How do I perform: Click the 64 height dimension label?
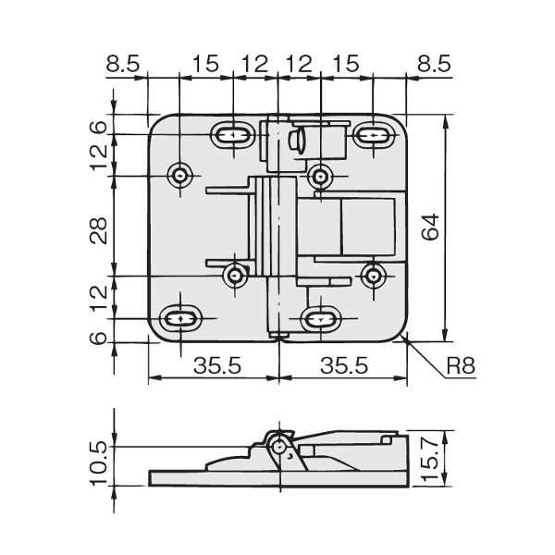[431, 228]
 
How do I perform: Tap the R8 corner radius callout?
[461, 365]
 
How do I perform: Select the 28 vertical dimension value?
[98, 230]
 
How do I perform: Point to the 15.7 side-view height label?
[430, 458]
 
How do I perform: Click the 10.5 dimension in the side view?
[98, 463]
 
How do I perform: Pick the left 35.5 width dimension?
[217, 365]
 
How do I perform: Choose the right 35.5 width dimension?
[344, 365]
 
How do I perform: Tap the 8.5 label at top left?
[123, 65]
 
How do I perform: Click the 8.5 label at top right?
[434, 65]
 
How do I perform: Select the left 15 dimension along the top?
[205, 65]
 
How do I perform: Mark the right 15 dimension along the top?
[346, 65]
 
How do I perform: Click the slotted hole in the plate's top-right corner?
[373, 135]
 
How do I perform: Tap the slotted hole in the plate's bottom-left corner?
[180, 318]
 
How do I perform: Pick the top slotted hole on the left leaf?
[233, 135]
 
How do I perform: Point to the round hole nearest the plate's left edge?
[180, 175]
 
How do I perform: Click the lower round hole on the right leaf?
[373, 276]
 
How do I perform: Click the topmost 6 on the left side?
[98, 127]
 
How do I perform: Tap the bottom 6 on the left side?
[98, 338]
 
